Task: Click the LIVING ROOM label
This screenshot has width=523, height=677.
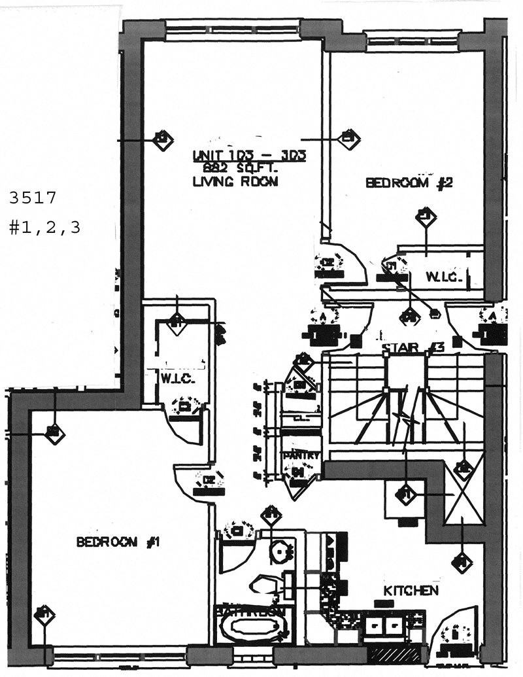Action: tap(235, 182)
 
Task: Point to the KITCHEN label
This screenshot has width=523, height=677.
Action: tap(411, 591)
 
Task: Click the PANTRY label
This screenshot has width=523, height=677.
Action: tap(301, 455)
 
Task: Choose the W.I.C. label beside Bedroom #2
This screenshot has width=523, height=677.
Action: tap(445, 277)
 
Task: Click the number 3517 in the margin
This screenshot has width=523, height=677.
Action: tap(34, 196)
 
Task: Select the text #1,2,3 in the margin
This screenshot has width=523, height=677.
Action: tap(44, 228)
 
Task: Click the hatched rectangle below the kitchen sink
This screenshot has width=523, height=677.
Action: tap(394, 653)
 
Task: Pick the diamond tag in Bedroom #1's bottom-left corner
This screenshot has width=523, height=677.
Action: tap(44, 614)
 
